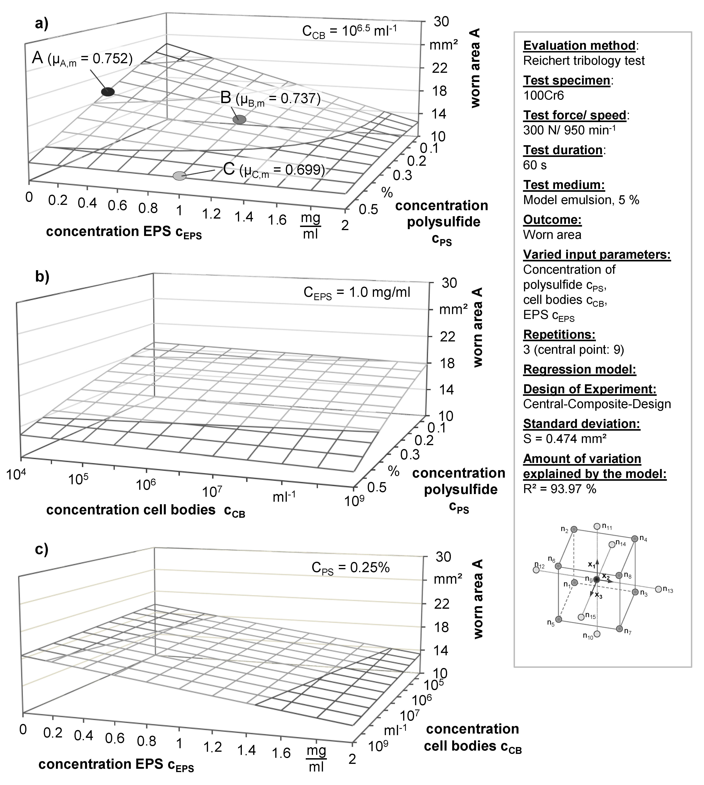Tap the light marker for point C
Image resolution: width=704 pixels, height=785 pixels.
(179, 176)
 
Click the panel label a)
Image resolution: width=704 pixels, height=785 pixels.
(42, 24)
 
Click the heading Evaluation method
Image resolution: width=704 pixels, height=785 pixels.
(579, 46)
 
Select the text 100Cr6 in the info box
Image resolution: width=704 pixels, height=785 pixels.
(543, 95)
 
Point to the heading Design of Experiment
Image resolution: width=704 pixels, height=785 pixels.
(589, 389)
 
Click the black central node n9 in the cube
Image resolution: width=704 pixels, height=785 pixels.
(596, 580)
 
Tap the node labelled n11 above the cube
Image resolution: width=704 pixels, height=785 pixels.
(597, 526)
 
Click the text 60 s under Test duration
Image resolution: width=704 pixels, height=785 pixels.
(535, 165)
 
